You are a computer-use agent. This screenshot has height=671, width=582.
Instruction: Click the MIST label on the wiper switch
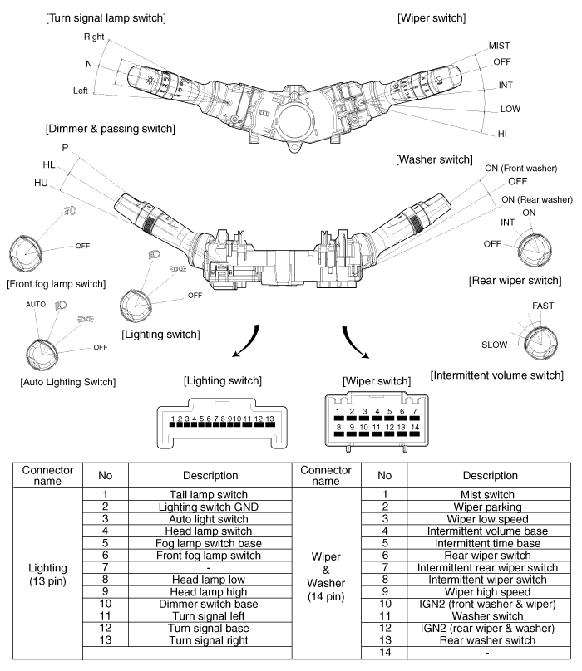(500, 46)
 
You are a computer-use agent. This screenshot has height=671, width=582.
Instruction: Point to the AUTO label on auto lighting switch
(35, 305)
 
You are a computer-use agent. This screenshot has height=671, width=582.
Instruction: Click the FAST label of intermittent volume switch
(543, 306)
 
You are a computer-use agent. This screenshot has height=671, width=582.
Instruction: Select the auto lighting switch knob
(37, 355)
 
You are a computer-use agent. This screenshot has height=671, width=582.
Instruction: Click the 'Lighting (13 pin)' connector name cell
(47, 573)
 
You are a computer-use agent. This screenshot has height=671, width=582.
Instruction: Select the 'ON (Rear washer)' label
(536, 199)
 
